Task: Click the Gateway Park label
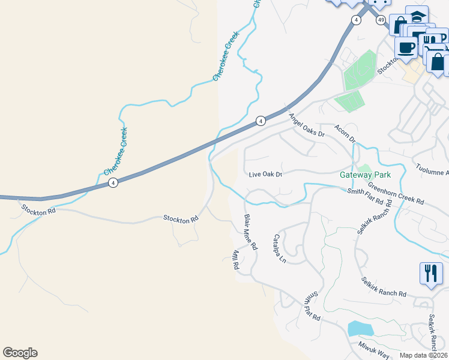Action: [x=365, y=175]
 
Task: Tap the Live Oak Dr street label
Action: [x=265, y=175]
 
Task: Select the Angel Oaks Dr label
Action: [x=306, y=125]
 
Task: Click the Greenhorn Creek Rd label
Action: [x=396, y=193]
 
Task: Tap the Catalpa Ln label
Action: [x=279, y=248]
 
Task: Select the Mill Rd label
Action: [x=235, y=259]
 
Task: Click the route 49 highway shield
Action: [x=381, y=20]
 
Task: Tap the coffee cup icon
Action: [x=406, y=47]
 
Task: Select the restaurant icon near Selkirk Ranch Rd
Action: [x=430, y=274]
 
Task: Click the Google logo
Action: [x=20, y=353]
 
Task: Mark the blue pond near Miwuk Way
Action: [x=360, y=328]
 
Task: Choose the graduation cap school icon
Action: [x=417, y=16]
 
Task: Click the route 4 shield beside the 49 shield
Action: [x=357, y=20]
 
